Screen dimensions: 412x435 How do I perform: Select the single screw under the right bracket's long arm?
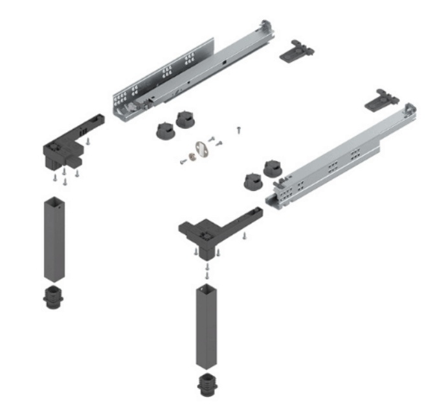click(x=244, y=236)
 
